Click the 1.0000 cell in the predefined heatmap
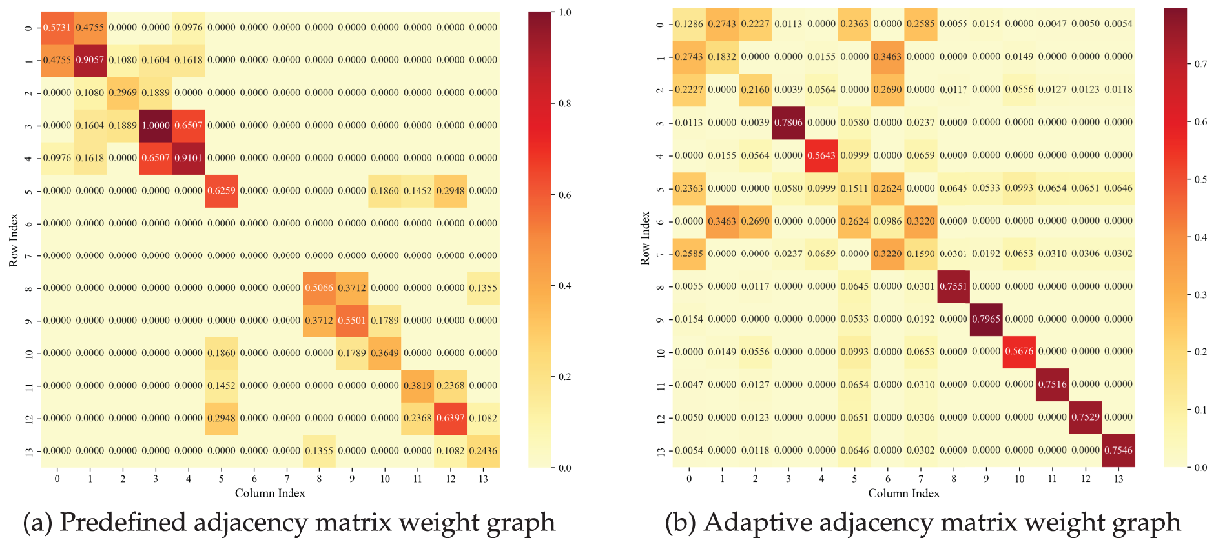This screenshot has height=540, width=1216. click(156, 125)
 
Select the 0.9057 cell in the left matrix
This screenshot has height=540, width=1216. click(90, 60)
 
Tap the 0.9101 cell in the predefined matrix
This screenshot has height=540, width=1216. click(188, 158)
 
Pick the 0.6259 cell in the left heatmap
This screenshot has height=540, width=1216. click(221, 191)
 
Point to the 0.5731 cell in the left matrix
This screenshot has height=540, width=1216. click(57, 27)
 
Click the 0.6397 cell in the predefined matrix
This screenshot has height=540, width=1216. click(450, 418)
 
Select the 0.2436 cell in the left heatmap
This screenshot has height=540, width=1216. click(483, 451)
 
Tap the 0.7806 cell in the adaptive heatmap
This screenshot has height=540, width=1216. click(788, 123)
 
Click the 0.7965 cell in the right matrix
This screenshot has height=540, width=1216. click(986, 319)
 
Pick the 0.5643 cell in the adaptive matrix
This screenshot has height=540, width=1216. click(821, 155)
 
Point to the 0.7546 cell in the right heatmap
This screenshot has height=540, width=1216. click(1118, 450)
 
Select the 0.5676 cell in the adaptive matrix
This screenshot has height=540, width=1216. click(1019, 352)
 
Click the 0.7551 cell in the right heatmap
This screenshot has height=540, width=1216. click(953, 286)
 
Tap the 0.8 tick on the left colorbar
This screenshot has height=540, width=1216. click(564, 103)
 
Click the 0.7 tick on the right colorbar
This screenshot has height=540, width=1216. click(1201, 64)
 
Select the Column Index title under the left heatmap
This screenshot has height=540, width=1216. click(270, 493)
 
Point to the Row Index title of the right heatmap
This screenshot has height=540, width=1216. click(645, 238)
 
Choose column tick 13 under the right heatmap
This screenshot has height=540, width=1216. click(1118, 479)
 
